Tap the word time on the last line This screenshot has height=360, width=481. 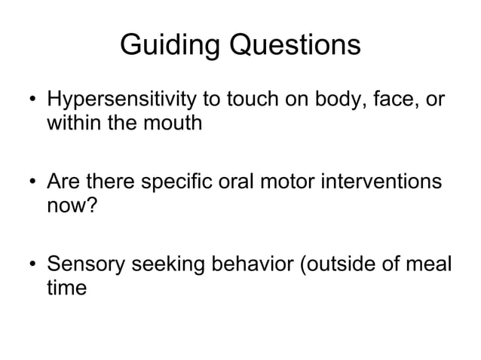point(66,288)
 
